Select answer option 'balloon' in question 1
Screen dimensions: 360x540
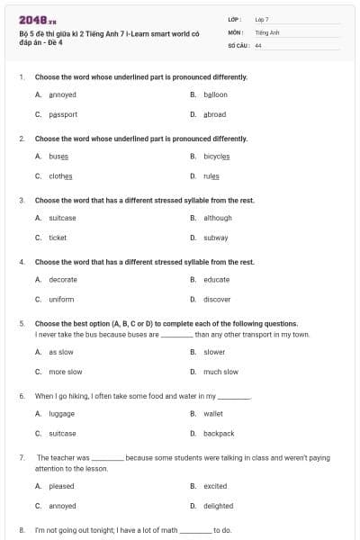click(x=215, y=94)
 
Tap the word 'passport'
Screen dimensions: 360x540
click(x=63, y=114)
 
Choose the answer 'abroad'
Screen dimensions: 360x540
click(x=215, y=114)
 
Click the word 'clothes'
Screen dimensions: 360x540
click(x=60, y=175)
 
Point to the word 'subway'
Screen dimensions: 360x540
click(x=216, y=238)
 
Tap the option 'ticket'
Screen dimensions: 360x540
click(x=58, y=238)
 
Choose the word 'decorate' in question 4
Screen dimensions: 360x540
click(x=63, y=279)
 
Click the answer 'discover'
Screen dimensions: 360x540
click(x=217, y=299)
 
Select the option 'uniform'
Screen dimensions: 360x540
click(x=61, y=299)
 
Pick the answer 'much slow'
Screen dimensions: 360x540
click(x=220, y=372)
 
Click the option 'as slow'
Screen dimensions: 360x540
click(x=61, y=352)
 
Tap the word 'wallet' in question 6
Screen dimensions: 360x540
click(x=213, y=414)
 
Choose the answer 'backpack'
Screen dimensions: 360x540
click(x=219, y=434)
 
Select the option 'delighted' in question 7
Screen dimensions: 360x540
click(x=218, y=506)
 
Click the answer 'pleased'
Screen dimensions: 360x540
click(x=61, y=486)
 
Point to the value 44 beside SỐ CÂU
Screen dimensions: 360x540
click(x=258, y=45)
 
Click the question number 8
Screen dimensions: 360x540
click(x=22, y=530)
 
